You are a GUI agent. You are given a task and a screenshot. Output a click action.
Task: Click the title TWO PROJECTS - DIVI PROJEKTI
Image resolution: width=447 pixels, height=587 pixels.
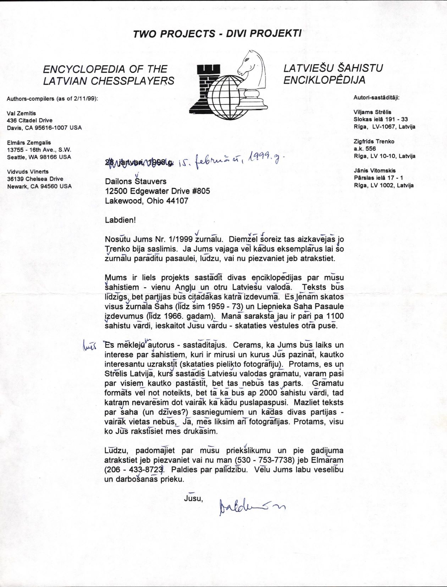pyautogui.click(x=217, y=34)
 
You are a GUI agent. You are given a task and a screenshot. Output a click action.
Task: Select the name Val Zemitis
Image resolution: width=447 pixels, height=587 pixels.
pyautogui.click(x=21, y=113)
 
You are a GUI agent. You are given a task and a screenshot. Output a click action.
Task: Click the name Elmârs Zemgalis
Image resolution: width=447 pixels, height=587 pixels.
pyautogui.click(x=29, y=142)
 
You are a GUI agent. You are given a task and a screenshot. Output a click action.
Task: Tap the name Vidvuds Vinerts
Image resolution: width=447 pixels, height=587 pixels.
pyautogui.click(x=28, y=172)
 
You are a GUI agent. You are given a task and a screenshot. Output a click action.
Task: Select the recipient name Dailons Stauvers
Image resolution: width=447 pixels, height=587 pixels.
pyautogui.click(x=136, y=181)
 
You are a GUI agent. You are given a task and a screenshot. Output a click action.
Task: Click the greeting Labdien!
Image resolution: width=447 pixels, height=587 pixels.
pyautogui.click(x=120, y=220)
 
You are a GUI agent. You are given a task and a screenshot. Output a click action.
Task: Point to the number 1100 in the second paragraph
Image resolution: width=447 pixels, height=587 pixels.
pyautogui.click(x=335, y=316)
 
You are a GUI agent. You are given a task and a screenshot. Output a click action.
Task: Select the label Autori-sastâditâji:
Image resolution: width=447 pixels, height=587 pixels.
pyautogui.click(x=376, y=97)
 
